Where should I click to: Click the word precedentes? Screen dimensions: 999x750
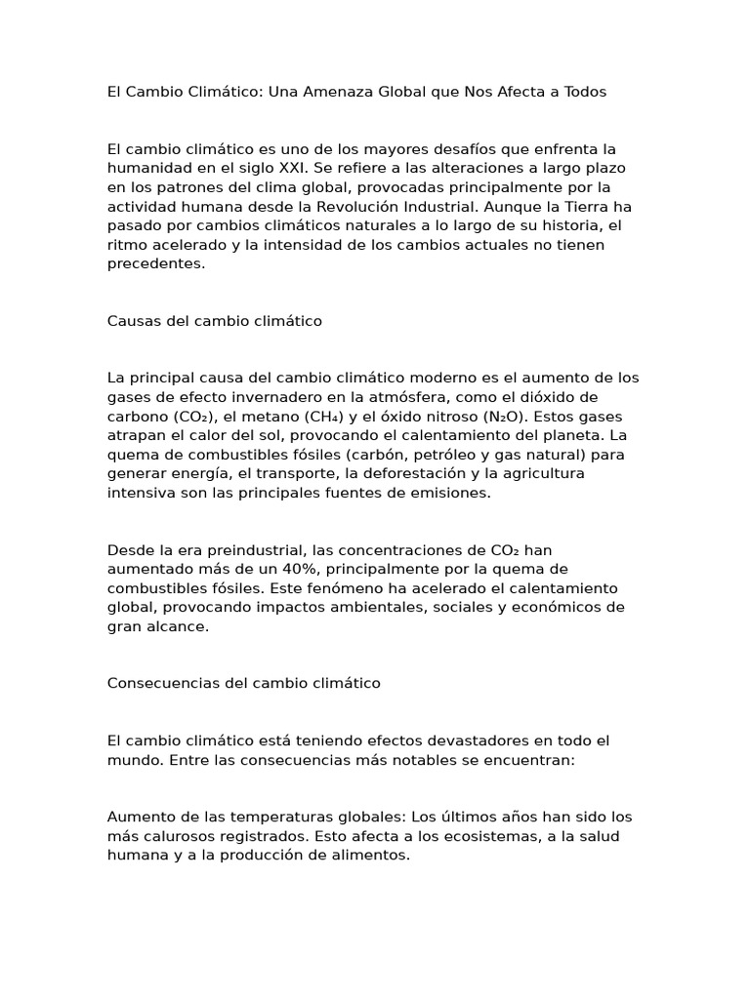click(x=155, y=263)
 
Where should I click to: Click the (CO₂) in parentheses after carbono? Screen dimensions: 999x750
click(x=199, y=417)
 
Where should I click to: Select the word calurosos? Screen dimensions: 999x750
click(x=174, y=836)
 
